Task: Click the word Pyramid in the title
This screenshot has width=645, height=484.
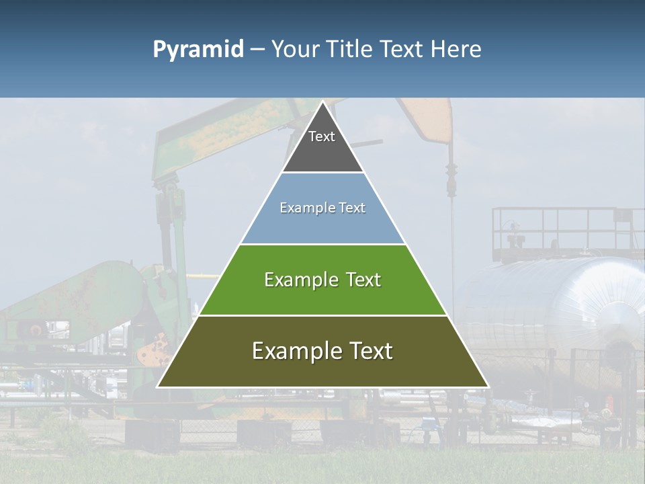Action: click(198, 50)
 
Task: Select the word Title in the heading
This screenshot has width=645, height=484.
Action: click(351, 50)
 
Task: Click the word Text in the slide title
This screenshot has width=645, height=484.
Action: click(404, 50)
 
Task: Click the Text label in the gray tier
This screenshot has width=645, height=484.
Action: click(322, 136)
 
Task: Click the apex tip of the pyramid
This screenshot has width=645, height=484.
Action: click(322, 103)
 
